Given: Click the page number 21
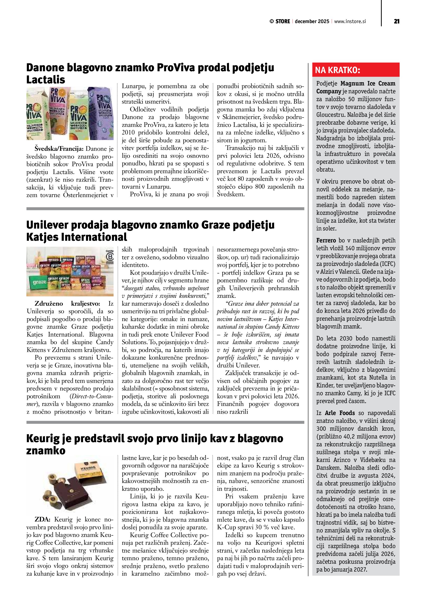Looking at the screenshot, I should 396,21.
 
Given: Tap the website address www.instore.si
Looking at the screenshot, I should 350,21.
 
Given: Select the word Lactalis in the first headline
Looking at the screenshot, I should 46,80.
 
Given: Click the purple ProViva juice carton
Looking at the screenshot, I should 101,113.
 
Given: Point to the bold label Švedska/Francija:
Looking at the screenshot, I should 59,149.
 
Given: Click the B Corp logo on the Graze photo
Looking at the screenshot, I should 110,256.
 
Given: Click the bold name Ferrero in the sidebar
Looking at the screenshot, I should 326,240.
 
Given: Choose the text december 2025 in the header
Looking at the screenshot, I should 312,21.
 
